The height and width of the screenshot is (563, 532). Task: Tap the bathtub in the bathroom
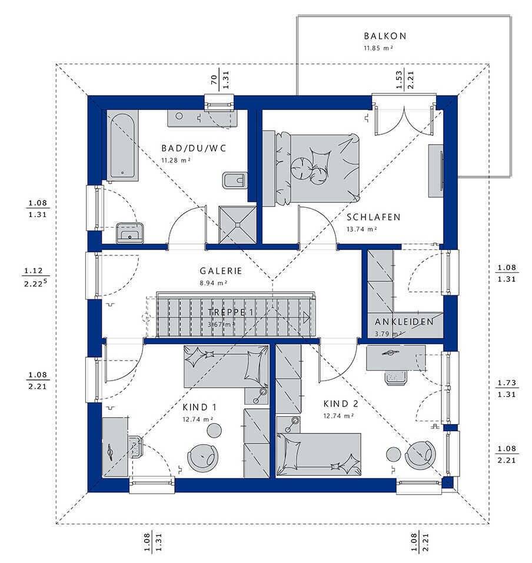122,145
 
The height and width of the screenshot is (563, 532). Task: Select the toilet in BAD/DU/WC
235,180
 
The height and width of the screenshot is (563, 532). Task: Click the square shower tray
237,224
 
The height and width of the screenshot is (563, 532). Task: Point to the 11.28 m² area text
175,160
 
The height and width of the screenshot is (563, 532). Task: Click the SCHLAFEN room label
374,217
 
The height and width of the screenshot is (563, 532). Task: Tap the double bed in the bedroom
316,168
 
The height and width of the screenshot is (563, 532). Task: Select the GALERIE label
221,271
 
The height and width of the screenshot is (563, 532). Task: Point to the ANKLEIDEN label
404,322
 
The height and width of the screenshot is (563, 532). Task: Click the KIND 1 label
199,407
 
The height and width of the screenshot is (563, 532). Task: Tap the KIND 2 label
341,404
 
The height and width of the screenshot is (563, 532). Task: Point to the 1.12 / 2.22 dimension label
35,277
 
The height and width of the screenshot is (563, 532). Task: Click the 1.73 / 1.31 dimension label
507,388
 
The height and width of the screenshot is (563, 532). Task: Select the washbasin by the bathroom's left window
129,233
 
